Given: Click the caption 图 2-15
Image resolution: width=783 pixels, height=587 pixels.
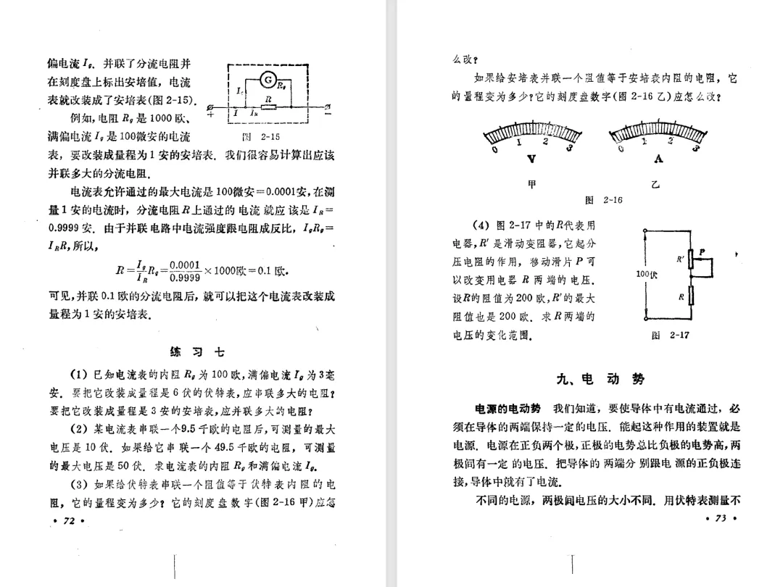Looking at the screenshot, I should [260, 136].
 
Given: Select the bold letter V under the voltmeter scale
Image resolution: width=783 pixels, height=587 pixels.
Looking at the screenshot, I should [532, 159].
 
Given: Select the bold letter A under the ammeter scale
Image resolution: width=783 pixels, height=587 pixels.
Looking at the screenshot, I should [658, 159].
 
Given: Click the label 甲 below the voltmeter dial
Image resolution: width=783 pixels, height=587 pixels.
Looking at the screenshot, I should [533, 185].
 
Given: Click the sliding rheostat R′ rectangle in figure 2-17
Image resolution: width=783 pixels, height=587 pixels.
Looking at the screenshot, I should [689, 261].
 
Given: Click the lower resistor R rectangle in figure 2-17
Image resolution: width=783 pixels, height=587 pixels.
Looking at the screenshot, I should [689, 296].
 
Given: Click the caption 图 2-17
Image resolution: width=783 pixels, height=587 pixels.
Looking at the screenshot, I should [669, 336].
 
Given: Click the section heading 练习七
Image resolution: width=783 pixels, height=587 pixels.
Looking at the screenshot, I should [197, 353].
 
